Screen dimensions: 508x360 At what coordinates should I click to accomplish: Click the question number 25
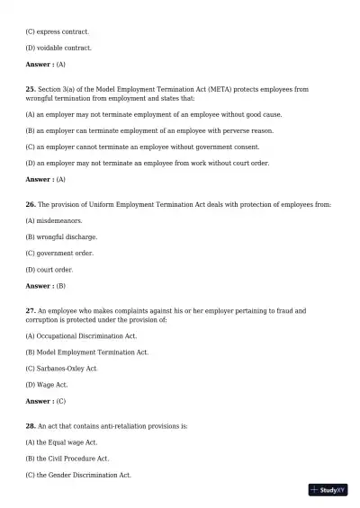point(31,90)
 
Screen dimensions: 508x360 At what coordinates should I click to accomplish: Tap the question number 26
point(31,204)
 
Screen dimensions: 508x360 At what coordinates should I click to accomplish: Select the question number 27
point(31,311)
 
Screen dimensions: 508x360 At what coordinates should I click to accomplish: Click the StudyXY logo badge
point(328,490)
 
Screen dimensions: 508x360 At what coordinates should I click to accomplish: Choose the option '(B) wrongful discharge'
point(61,237)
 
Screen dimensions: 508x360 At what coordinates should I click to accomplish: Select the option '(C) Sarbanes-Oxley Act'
point(61,369)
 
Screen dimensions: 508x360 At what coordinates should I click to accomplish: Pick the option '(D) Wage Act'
point(47,385)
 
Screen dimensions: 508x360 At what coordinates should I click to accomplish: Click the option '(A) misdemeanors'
point(55,220)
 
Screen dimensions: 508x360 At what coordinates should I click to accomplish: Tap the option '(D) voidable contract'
point(58,48)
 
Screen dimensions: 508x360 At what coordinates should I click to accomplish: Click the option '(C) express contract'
point(57,31)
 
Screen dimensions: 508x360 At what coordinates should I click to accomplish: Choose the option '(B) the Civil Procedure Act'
point(67,459)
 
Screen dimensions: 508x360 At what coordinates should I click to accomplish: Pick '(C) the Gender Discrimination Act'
point(78,475)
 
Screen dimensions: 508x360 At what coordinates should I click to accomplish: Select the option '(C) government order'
point(59,254)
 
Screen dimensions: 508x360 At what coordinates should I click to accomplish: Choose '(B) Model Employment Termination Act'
point(87,352)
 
